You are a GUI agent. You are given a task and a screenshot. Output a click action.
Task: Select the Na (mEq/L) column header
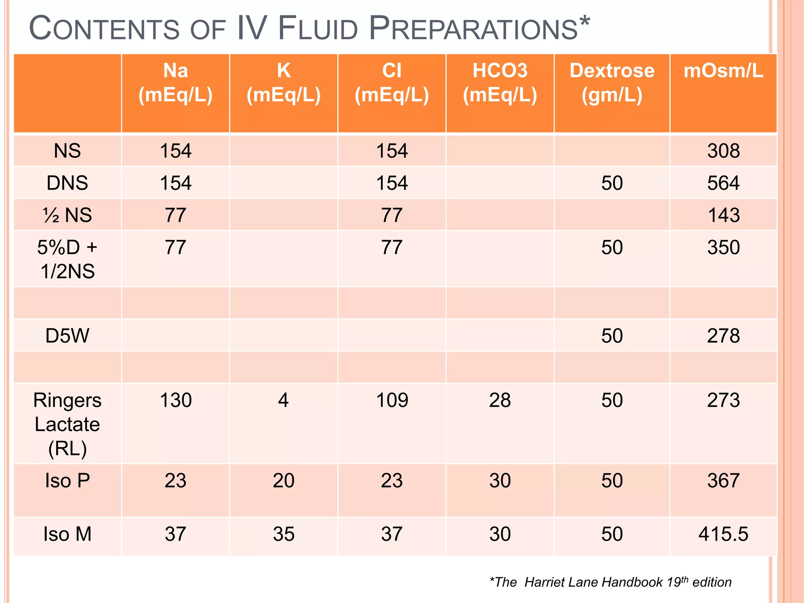[175, 83]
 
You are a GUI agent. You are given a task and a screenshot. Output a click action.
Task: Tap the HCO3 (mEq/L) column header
[500, 83]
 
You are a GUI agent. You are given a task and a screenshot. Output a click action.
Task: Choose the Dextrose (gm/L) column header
[612, 83]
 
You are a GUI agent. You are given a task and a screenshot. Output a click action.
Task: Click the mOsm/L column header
[723, 71]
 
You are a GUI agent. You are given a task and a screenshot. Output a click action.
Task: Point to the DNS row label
[67, 183]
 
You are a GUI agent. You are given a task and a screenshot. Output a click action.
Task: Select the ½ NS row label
[67, 215]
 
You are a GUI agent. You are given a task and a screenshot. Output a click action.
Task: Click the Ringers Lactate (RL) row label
[67, 424]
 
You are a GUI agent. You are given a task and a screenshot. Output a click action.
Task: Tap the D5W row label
[67, 336]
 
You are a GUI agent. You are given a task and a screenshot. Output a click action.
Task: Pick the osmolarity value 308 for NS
[723, 151]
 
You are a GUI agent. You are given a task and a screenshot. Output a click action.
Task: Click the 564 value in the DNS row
[723, 183]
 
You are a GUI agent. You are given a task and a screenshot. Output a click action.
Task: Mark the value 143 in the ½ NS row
[723, 216]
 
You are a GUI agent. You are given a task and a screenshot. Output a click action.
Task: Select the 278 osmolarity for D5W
[723, 336]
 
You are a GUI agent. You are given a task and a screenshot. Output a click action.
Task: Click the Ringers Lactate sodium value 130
[175, 400]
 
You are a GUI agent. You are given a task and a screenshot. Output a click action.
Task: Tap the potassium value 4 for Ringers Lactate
[283, 400]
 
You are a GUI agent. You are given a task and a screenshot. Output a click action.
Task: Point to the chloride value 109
[392, 400]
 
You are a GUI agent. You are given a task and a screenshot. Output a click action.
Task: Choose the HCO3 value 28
[500, 400]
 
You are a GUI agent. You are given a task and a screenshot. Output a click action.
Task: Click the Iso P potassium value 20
[283, 481]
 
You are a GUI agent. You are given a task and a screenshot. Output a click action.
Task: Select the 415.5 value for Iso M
[723, 534]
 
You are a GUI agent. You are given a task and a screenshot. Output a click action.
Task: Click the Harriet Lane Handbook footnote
[610, 582]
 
